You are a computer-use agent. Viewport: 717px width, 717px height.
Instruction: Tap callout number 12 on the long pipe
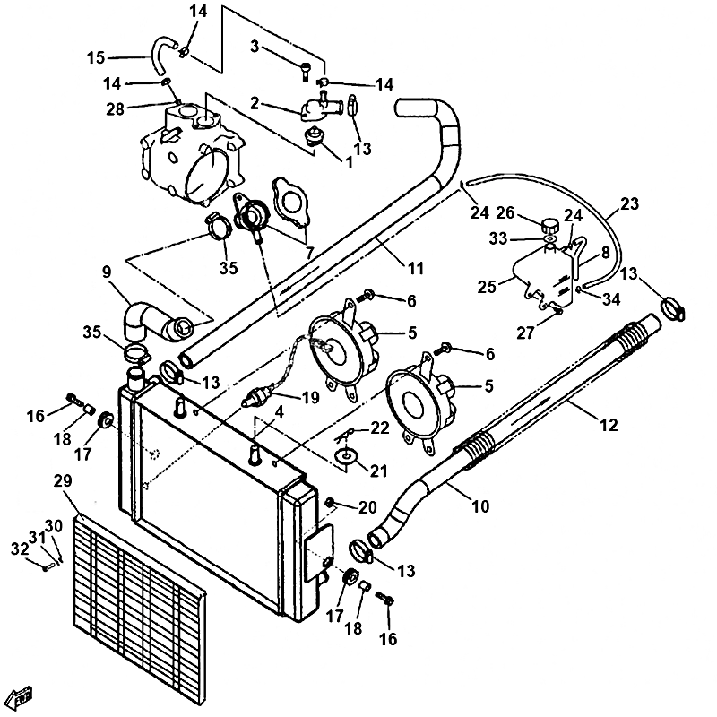click(x=609, y=426)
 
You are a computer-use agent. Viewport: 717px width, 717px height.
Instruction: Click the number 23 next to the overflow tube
click(x=629, y=203)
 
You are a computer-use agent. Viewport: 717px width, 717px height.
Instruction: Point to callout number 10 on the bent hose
click(x=480, y=507)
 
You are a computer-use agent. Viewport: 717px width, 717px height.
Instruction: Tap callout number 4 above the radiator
click(x=280, y=413)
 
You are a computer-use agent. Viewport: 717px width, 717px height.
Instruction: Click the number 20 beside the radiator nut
click(x=368, y=507)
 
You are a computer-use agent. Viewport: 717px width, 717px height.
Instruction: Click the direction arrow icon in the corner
click(x=21, y=695)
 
